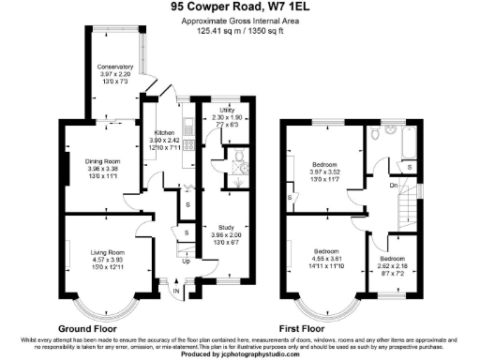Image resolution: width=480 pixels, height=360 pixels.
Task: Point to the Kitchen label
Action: point(165,134)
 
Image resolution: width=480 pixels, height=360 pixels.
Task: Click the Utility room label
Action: point(226,109)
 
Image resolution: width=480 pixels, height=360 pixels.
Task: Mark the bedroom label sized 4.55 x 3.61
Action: point(326,252)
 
